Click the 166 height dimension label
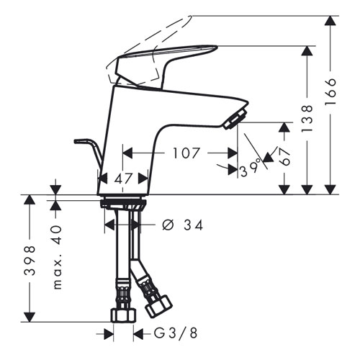coord(330,91)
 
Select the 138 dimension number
coord(307,118)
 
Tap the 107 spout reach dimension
coord(186,153)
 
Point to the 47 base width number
coord(123,179)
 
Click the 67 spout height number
coord(285,156)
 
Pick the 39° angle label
coord(251,168)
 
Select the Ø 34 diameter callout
coord(183,225)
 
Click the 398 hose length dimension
coord(30,260)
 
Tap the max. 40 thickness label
coord(57,257)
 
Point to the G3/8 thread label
coord(176,333)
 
